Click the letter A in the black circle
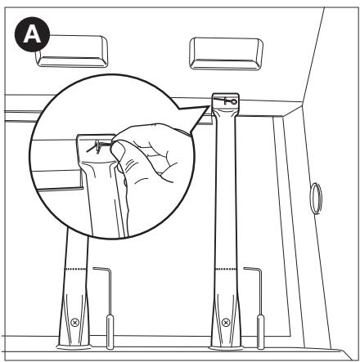pos(32,35)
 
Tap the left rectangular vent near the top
pos(71,51)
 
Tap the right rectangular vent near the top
pos(226,53)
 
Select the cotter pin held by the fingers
pos(99,146)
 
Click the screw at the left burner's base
pos(74,323)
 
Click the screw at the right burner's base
pos(225,323)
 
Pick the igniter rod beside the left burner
pos(109,308)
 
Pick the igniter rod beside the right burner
pos(259,308)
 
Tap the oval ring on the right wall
pos(316,199)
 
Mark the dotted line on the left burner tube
pos(76,269)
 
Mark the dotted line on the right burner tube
pos(226,269)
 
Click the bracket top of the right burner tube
pos(226,104)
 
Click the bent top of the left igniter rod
pos(101,269)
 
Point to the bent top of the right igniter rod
pos(252,269)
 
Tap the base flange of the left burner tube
pos(74,347)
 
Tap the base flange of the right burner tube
pos(226,348)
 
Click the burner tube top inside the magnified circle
pos(96,149)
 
